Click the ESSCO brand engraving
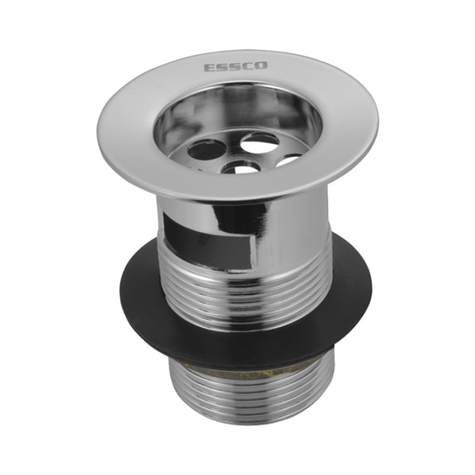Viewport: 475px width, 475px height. [x=236, y=66]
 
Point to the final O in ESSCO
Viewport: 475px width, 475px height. [x=261, y=65]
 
